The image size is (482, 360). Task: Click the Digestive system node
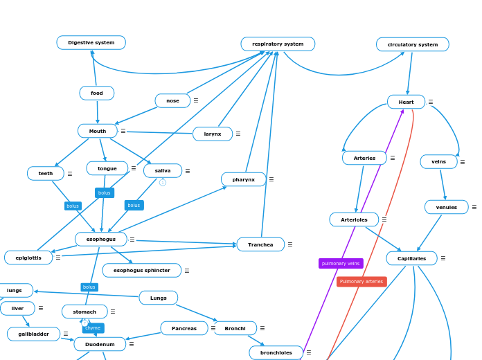coord(91,43)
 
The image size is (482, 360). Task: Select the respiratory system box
coord(278,44)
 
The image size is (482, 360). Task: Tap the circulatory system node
coord(412,45)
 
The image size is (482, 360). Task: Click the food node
coord(97,93)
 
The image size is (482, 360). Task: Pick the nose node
coord(172,101)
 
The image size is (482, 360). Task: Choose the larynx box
coord(213,134)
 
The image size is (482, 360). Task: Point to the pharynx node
coord(244,180)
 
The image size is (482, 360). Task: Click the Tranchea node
coord(260,244)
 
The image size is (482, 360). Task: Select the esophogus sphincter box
coord(142,271)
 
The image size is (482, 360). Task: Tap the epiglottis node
coord(28,258)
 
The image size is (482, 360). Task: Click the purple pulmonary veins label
coord(341,264)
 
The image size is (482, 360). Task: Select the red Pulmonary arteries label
coord(361,282)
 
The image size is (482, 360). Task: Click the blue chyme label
coord(93,328)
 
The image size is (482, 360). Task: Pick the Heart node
coord(406,102)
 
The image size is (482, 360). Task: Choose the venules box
coord(446,207)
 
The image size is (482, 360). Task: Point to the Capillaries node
coord(411,258)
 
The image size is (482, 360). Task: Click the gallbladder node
coord(33,334)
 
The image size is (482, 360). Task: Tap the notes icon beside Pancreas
coord(213,328)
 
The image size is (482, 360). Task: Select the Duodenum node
coord(100,344)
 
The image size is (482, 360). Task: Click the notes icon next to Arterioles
coord(384,220)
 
